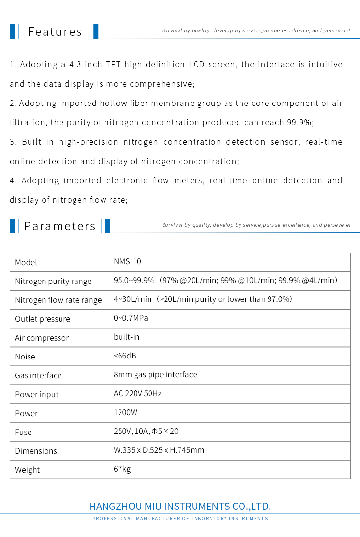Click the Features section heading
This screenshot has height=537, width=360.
[55, 32]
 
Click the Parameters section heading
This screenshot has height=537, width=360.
[60, 226]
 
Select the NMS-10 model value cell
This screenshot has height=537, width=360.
[127, 262]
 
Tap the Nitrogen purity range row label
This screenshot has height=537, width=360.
[53, 281]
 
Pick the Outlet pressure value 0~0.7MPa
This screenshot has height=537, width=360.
[131, 318]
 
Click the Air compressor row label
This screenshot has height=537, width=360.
[42, 338]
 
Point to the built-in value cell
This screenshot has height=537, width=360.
[127, 337]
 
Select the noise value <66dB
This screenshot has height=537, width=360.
[125, 356]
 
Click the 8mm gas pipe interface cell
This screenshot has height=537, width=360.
[155, 374]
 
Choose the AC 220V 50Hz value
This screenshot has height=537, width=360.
[137, 393]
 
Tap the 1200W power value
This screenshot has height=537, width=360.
[125, 413]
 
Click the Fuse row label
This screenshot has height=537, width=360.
[23, 432]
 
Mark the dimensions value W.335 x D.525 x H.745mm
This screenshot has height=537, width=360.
[159, 450]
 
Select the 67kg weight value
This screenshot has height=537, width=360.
[122, 469]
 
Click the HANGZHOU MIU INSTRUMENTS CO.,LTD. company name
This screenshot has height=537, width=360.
[180, 507]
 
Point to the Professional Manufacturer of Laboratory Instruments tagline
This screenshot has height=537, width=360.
[180, 519]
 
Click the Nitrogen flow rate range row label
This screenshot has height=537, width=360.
[59, 300]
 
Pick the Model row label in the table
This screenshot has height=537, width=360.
[26, 262]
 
